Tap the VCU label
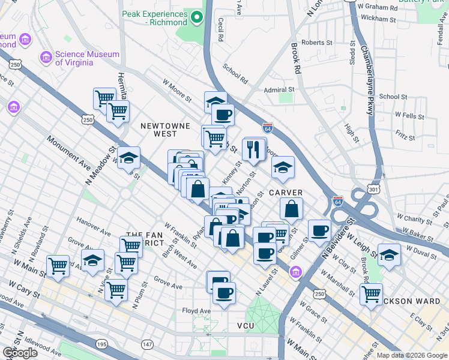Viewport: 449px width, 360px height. pyautogui.click(x=246, y=325)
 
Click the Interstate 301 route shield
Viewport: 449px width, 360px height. pyautogui.click(x=374, y=190)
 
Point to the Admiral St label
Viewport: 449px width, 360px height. pyautogui.click(x=280, y=89)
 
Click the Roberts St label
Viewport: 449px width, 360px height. pyautogui.click(x=316, y=43)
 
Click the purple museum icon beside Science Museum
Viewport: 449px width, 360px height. pyautogui.click(x=46, y=58)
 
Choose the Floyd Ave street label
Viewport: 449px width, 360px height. pyautogui.click(x=197, y=311)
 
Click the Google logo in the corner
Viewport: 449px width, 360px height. pyautogui.click(x=19, y=353)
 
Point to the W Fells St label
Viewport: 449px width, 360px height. pyautogui.click(x=409, y=115)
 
